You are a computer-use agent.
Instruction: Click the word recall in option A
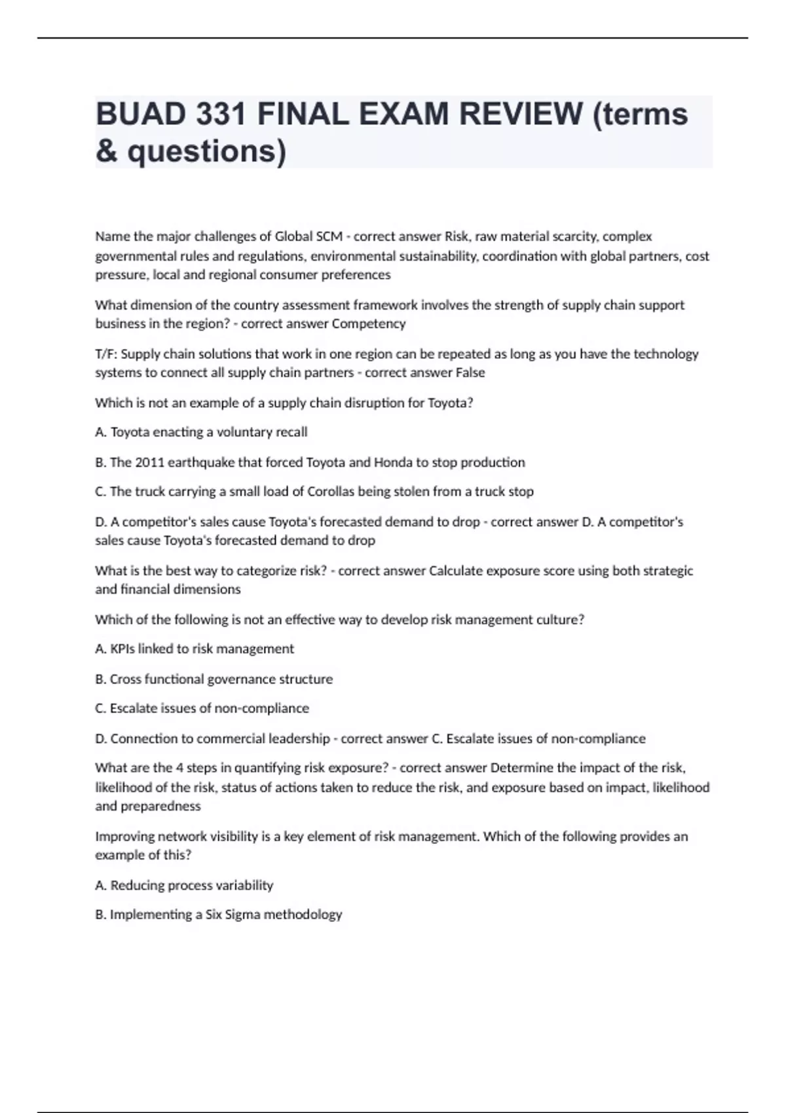[x=290, y=432]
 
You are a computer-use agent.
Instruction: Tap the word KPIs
[x=122, y=649]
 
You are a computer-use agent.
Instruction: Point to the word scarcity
[x=572, y=236]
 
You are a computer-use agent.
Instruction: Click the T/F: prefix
[x=106, y=354]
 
